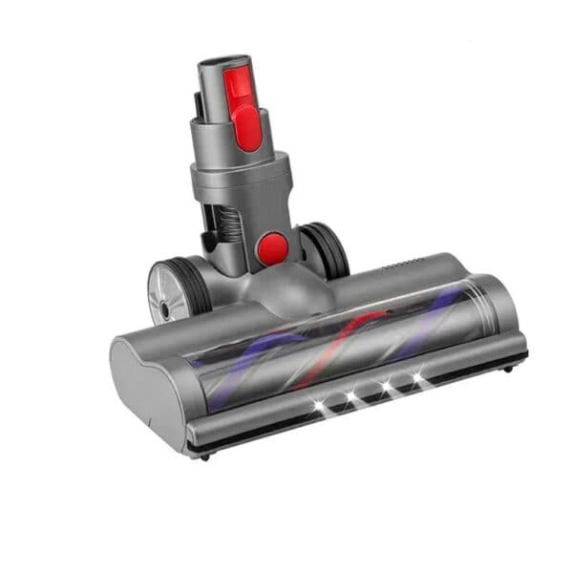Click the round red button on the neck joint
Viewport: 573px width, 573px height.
coord(273,248)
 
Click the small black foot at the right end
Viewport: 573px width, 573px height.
coord(509,367)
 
